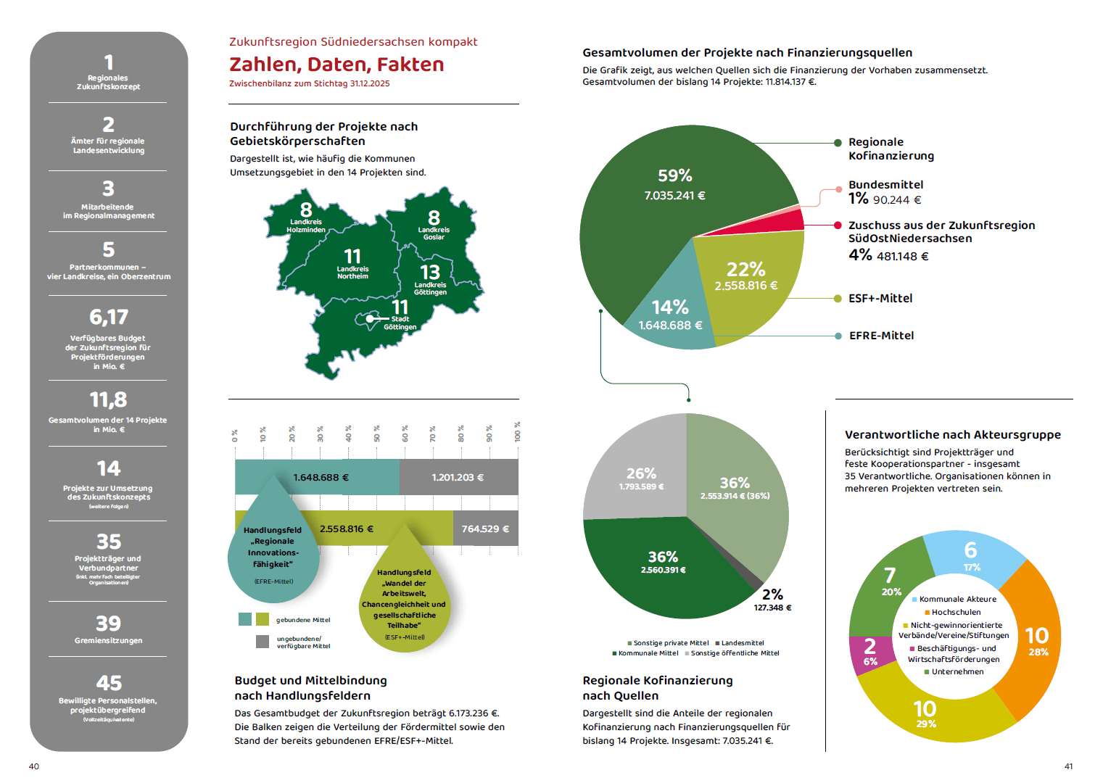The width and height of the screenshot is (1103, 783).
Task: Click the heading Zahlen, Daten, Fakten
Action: tap(336, 65)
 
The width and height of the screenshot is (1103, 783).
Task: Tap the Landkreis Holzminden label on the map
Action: tap(306, 225)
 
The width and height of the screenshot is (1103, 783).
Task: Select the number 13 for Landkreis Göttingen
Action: tap(430, 272)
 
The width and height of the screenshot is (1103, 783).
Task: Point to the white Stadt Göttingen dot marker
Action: tap(370, 318)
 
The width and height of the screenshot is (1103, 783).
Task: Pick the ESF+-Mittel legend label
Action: tap(880, 298)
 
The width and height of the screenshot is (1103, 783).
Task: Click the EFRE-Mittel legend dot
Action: tap(838, 336)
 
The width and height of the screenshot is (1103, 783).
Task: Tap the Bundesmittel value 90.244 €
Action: tap(897, 200)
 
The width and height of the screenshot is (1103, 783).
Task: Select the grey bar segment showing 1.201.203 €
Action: tap(458, 477)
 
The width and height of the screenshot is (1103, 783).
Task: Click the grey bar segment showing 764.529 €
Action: tap(485, 529)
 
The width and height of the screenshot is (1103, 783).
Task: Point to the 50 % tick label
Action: tap(377, 434)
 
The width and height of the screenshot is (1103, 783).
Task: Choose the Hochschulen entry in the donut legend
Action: tap(956, 612)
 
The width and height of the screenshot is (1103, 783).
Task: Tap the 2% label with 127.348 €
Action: tap(772, 600)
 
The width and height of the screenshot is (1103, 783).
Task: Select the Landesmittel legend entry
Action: tap(742, 643)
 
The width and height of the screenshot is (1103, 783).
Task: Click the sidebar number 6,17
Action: tap(109, 317)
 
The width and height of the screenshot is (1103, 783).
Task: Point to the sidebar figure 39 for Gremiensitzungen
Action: tap(109, 623)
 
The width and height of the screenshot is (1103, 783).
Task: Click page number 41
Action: tap(1068, 766)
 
